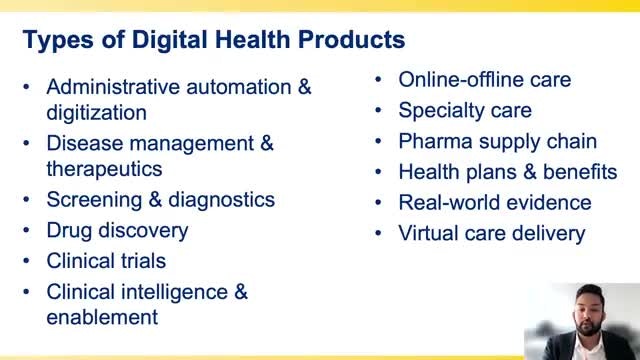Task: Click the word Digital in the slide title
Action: point(169,40)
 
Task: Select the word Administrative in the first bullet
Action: point(113,87)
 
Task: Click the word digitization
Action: point(96,113)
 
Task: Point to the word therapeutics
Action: point(104,169)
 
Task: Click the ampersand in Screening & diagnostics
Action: point(155,200)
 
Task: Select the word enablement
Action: point(102,318)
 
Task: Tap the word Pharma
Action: point(435,141)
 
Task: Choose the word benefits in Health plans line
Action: point(580,172)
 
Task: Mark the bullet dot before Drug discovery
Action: point(27,230)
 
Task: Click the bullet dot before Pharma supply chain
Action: point(378,141)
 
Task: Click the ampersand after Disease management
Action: point(267,143)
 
